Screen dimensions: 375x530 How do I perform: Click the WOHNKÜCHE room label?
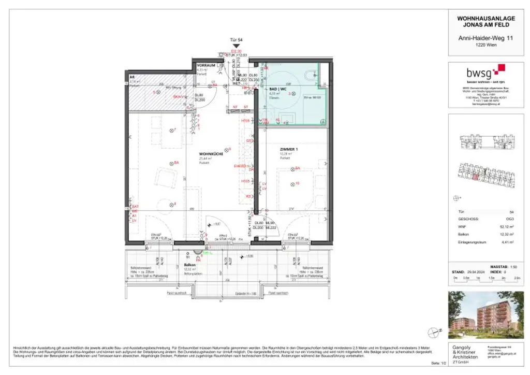click(x=211, y=154)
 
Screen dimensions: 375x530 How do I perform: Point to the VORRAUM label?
click(x=205, y=65)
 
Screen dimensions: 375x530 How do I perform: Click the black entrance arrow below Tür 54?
click(x=236, y=46)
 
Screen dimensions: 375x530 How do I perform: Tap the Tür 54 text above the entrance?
click(x=236, y=39)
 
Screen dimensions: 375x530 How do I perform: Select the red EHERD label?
click(x=240, y=166)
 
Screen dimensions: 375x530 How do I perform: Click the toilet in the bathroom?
click(x=312, y=76)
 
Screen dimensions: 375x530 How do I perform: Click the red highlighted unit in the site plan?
click(x=475, y=177)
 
